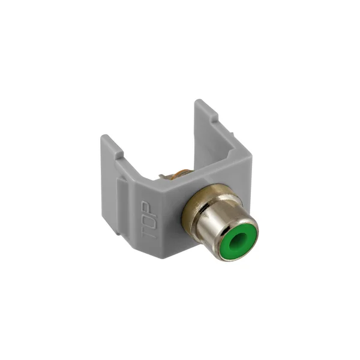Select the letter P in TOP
click(x=146, y=208)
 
